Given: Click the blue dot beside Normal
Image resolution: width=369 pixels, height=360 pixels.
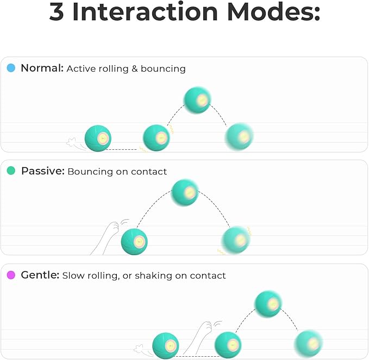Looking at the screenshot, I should point(11,68).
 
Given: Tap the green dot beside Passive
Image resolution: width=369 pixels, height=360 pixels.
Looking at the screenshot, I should point(11,171).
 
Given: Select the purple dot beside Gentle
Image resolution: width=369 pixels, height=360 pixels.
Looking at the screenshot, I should point(11,275).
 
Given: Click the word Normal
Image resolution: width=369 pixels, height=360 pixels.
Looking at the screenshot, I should point(42,68).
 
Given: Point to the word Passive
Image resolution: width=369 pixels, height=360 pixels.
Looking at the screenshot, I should point(42,171).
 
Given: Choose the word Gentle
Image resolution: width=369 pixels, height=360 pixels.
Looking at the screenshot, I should point(40,275).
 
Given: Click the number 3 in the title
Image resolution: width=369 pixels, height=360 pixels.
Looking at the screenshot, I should point(57,12).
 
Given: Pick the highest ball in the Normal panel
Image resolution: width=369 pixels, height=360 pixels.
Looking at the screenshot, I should point(197,100).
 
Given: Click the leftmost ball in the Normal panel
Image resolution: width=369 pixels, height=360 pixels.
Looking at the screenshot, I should point(98,138).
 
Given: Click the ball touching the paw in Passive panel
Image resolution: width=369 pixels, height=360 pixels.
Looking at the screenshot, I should point(134,241).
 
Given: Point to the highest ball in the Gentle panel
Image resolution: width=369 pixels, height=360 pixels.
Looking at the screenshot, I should point(268,304).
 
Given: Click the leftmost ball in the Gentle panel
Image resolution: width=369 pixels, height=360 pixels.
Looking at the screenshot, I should point(166,345).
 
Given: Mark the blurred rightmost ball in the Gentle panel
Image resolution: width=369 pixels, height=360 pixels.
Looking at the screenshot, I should point(308,343).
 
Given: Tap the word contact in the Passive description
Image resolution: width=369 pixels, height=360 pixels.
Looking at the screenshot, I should point(149,172).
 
